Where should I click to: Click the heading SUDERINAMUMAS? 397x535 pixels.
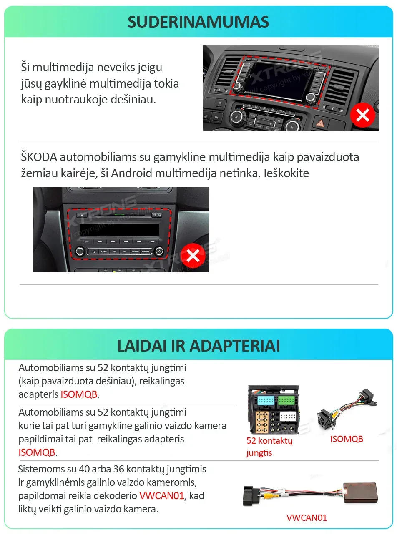tap(198, 22)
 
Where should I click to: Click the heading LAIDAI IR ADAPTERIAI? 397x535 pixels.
tap(198, 346)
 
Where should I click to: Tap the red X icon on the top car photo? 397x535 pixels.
tap(362, 116)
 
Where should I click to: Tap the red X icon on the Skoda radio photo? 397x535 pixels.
tap(193, 256)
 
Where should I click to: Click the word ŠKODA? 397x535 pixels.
tap(39, 158)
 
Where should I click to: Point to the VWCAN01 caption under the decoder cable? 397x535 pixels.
tap(307, 518)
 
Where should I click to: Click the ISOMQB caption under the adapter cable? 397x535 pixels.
tap(347, 439)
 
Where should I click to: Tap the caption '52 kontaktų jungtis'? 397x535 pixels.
tap(269, 447)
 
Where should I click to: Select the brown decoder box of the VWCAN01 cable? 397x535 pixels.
tap(360, 492)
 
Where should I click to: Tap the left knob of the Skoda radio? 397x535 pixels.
tap(80, 251)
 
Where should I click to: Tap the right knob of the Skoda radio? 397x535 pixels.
tap(158, 251)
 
